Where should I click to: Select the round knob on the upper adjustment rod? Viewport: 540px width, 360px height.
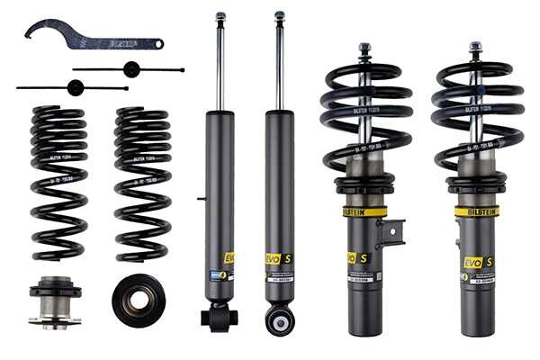click(x=130, y=69)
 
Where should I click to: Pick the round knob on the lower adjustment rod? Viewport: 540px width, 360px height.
click(x=76, y=87)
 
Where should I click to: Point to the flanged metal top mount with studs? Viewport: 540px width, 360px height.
click(x=55, y=302)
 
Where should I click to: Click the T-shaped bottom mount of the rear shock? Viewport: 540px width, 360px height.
click(x=219, y=316)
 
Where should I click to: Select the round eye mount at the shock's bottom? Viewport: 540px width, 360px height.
click(x=279, y=319)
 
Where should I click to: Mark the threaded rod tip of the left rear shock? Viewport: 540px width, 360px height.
click(x=220, y=16)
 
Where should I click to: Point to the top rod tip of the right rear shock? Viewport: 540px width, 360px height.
click(x=279, y=16)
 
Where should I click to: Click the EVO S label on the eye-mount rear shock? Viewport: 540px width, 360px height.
click(x=278, y=259)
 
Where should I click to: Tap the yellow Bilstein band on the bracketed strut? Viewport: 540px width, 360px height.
click(x=364, y=211)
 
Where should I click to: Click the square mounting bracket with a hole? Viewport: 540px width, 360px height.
click(x=391, y=236)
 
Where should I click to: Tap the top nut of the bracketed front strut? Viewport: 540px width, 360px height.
click(x=364, y=48)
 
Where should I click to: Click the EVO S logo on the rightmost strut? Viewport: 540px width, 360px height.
click(x=477, y=262)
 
